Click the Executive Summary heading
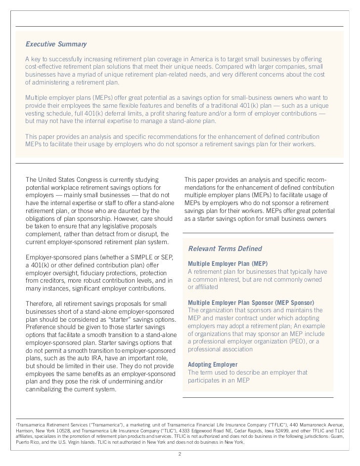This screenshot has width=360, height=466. point(56,44)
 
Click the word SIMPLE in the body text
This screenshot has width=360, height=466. point(133,257)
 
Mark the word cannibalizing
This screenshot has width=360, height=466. point(46,388)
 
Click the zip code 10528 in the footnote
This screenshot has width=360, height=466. point(60,430)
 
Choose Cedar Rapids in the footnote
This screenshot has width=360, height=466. point(252,430)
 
